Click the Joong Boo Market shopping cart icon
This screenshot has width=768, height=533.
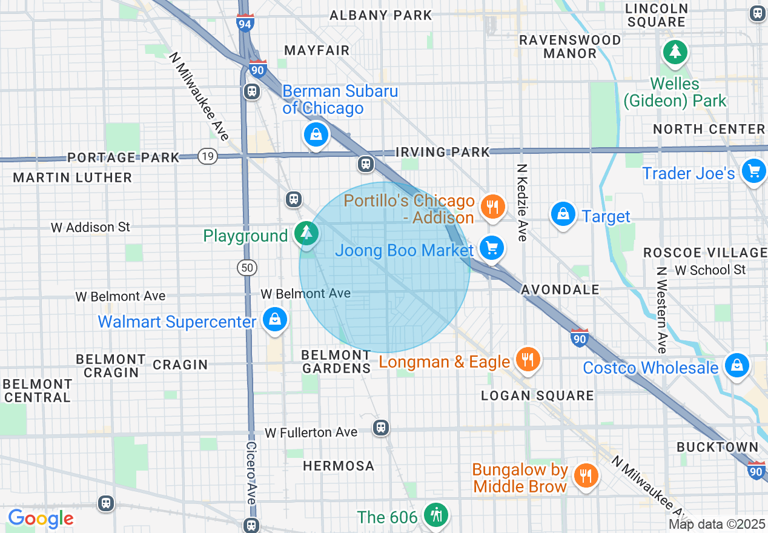pyautogui.click(x=491, y=248)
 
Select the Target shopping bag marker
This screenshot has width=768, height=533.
pyautogui.click(x=563, y=214)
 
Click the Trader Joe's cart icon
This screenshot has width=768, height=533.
pyautogui.click(x=754, y=171)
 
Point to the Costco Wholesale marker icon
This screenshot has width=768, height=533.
pyautogui.click(x=737, y=365)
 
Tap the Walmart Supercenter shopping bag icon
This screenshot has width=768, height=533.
pyautogui.click(x=275, y=319)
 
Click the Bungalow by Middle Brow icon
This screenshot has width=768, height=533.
pyautogui.click(x=585, y=475)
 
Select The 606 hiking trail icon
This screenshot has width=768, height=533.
pyautogui.click(x=435, y=515)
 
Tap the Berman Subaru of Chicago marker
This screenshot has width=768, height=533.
pyautogui.click(x=316, y=134)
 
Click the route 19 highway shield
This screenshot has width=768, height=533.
pyautogui.click(x=208, y=156)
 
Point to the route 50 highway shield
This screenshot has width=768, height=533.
pyautogui.click(x=248, y=267)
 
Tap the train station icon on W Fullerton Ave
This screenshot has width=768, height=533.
pyautogui.click(x=380, y=428)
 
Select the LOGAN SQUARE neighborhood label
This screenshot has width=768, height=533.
pyautogui.click(x=537, y=396)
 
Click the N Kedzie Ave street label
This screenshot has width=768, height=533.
pyautogui.click(x=521, y=202)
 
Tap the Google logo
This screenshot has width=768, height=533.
pyautogui.click(x=41, y=518)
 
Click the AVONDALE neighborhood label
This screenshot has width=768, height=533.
pyautogui.click(x=560, y=290)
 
